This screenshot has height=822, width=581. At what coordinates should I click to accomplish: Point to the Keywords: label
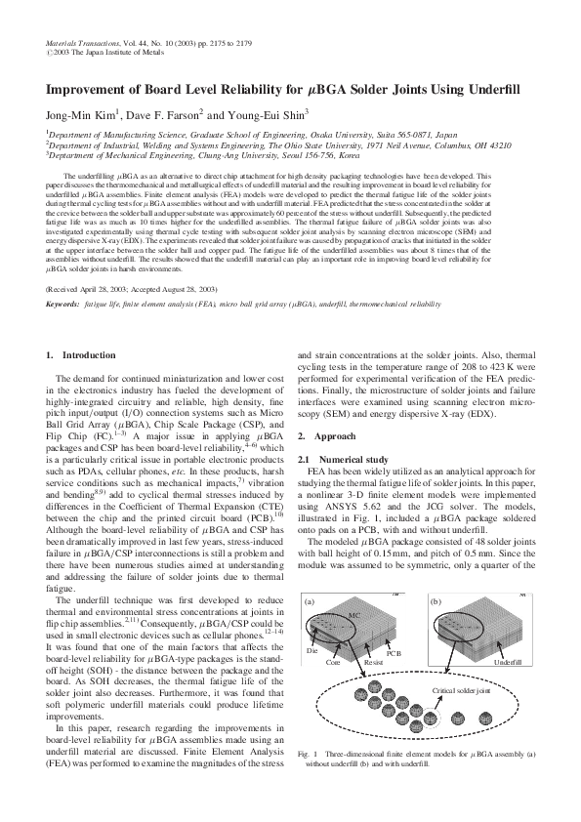62,306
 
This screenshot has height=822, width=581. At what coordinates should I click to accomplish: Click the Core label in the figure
332,661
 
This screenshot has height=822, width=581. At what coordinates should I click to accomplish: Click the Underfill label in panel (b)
508,662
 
